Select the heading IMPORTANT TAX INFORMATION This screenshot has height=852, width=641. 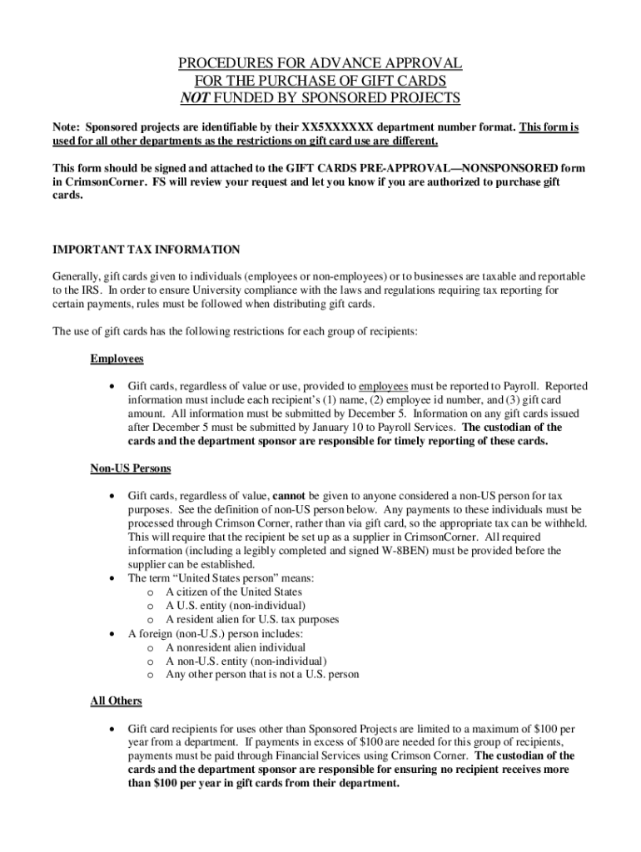(147, 250)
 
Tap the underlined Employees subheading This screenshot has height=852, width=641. (117, 359)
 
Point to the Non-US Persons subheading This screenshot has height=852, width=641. (130, 468)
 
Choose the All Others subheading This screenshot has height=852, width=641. (116, 701)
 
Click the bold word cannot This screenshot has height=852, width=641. (286, 496)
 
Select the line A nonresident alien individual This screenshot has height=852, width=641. (235, 646)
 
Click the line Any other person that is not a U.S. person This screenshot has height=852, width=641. (262, 674)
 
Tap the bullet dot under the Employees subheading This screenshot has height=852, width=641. (111, 387)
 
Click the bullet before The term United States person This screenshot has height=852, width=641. (111, 578)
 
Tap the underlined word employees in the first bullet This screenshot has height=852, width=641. (384, 386)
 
